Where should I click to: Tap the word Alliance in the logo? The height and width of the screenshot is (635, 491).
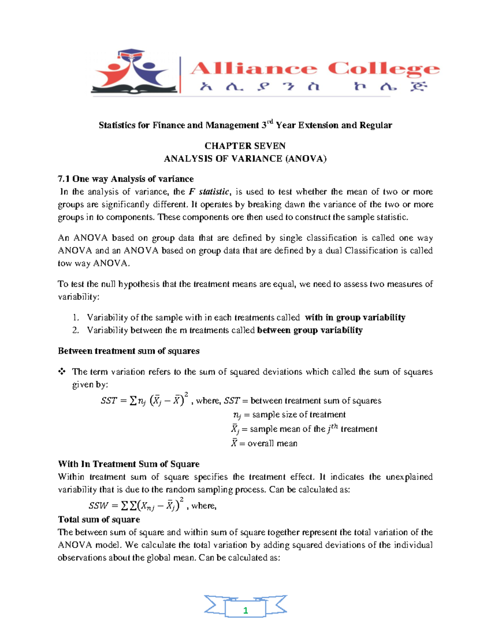coord(253,69)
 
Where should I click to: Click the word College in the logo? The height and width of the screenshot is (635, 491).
coord(383,69)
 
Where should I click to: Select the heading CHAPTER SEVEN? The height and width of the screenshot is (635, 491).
coord(245,146)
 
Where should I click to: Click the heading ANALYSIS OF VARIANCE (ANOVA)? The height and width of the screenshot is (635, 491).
coord(245,159)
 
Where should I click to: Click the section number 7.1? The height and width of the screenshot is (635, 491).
coord(64,179)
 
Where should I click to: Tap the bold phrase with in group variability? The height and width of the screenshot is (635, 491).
coord(355,318)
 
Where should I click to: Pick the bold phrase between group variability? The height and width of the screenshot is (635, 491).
coord(310,330)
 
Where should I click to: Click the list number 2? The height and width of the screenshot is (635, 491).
coord(75,330)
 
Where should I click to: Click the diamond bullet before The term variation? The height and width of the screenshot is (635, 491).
coord(62,372)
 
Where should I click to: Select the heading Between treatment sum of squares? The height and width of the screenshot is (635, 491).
coord(128,351)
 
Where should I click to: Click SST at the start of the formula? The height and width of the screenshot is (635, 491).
coord(109,401)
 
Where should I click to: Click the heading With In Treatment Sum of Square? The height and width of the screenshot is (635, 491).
coord(128,464)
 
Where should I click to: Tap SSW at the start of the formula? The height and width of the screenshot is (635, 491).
coord(98,506)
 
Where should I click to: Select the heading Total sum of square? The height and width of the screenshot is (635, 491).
coord(99,520)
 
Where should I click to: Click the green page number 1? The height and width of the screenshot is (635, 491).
coord(245,610)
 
